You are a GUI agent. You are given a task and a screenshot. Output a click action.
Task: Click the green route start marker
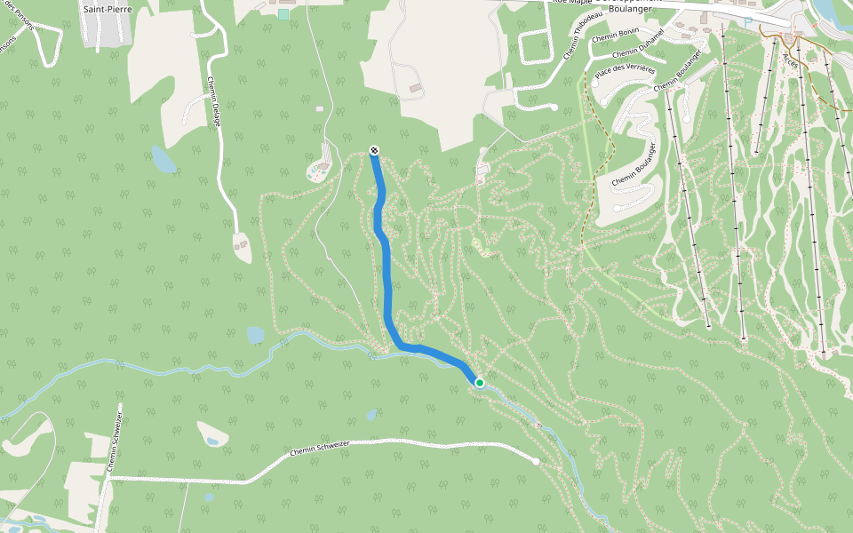(x=480, y=383)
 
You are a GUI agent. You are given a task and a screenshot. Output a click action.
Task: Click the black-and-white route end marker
(x=374, y=150)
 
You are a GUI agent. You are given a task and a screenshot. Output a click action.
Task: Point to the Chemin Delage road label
(x=214, y=101)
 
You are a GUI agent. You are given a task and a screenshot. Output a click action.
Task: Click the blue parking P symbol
(x=749, y=21)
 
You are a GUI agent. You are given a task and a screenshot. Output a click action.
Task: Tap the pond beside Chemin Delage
(x=163, y=160)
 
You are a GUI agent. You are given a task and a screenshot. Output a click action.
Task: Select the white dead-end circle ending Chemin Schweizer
(x=536, y=461)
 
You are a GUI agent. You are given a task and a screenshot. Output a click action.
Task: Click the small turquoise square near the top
(x=283, y=13)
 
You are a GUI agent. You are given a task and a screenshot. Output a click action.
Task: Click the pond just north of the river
(x=256, y=335)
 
